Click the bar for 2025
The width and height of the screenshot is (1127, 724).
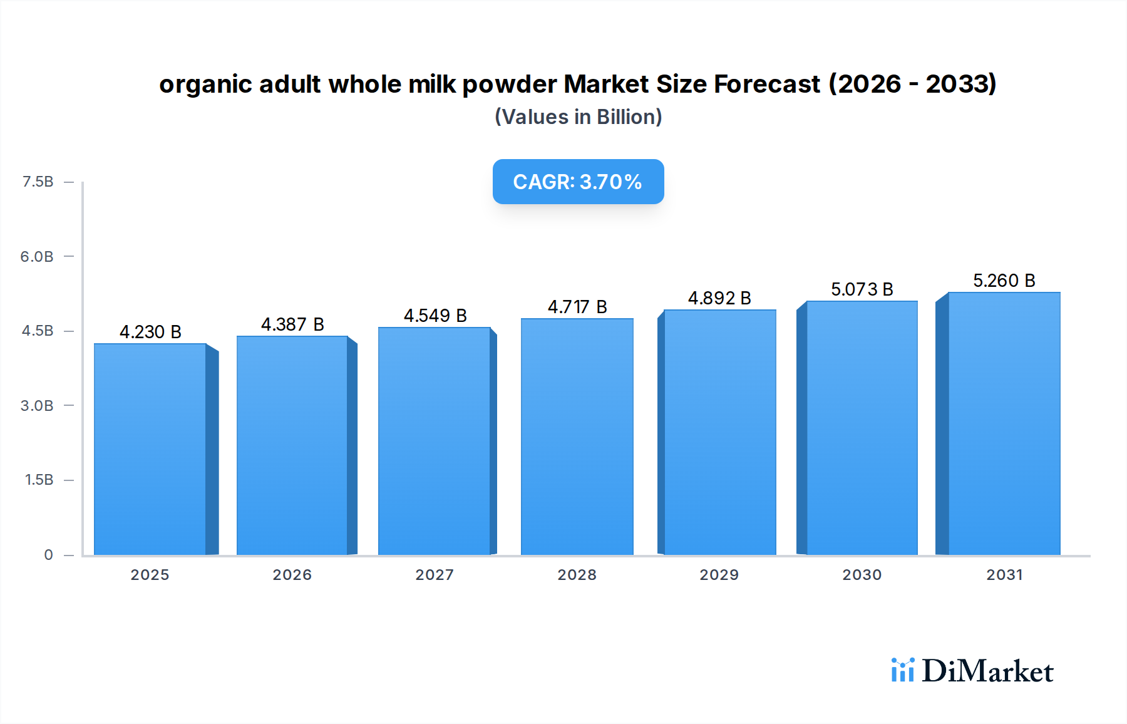pyautogui.click(x=150, y=449)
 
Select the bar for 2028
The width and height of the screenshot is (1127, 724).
pyautogui.click(x=577, y=437)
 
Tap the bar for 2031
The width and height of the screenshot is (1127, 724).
pyautogui.click(x=1004, y=423)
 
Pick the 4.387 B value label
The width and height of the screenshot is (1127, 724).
pyautogui.click(x=292, y=324)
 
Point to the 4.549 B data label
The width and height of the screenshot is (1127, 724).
pyautogui.click(x=435, y=316)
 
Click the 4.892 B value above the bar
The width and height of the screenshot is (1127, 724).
pyautogui.click(x=719, y=298)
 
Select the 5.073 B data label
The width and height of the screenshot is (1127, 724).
pyautogui.click(x=862, y=289)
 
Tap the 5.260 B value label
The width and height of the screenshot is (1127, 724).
pyautogui.click(x=1004, y=281)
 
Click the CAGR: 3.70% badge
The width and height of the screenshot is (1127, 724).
pyautogui.click(x=578, y=182)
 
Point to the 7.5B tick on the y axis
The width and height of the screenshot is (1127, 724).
pyautogui.click(x=38, y=182)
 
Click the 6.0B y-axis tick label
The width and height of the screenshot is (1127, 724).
pyautogui.click(x=37, y=256)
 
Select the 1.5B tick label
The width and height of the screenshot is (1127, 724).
pyautogui.click(x=39, y=480)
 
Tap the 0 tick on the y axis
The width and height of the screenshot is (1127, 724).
pyautogui.click(x=48, y=555)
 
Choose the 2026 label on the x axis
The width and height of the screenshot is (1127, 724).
pyautogui.click(x=292, y=575)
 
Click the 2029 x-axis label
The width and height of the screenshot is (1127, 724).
pyautogui.click(x=719, y=575)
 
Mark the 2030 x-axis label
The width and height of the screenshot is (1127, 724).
pyautogui.click(x=862, y=575)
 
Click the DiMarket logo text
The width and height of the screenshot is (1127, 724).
pyautogui.click(x=987, y=671)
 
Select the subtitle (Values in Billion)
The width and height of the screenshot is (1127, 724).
pyautogui.click(x=578, y=117)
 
